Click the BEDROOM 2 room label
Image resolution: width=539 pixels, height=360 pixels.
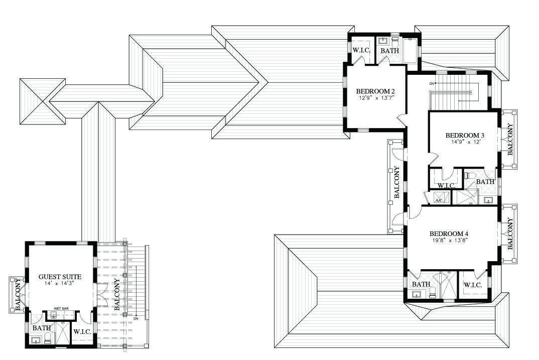375,91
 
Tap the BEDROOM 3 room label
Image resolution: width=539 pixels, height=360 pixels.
465,135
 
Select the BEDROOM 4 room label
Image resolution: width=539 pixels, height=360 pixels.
449,233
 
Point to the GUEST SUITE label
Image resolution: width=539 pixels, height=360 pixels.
60,277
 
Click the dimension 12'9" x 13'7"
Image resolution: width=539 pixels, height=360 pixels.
376,98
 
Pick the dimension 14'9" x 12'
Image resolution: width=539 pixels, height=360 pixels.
465,142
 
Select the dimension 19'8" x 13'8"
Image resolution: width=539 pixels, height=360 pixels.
449,241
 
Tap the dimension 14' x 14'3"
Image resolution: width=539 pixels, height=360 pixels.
60,284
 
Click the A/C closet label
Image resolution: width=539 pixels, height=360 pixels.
439,200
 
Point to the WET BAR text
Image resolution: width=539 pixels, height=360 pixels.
61,308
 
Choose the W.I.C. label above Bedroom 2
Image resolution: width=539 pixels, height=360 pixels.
361,50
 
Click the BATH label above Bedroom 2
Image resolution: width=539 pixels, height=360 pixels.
389,51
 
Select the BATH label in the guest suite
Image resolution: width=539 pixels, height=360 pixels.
42,328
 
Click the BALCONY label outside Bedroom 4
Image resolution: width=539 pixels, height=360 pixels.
510,233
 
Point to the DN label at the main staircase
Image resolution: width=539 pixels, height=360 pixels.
432,83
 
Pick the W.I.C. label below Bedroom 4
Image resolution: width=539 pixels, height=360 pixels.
473,285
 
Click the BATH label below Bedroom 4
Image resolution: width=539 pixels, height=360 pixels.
421,284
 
